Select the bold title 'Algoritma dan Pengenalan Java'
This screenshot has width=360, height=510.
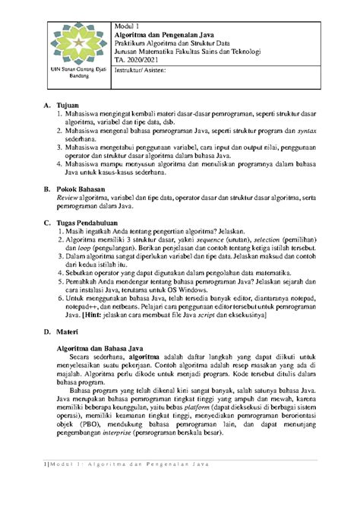point(163,35)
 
